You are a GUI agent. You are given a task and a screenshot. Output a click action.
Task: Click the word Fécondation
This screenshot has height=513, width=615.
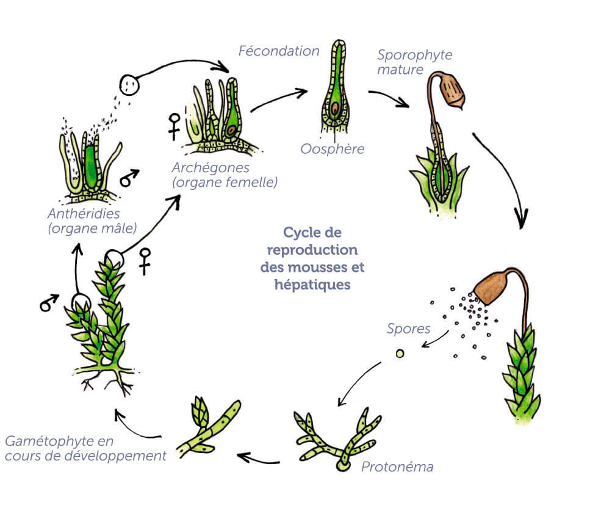[x=279, y=51]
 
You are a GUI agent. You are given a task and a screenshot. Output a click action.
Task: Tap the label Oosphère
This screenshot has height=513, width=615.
[x=333, y=148]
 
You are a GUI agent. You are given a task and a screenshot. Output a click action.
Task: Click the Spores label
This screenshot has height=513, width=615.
[x=409, y=329]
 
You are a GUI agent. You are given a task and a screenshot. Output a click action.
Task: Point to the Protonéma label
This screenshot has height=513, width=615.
[x=397, y=467]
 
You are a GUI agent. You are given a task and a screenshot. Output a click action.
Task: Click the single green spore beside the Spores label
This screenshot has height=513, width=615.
[x=400, y=354]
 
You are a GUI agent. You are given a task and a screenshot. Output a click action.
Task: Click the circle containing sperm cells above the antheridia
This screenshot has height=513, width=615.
[x=129, y=84]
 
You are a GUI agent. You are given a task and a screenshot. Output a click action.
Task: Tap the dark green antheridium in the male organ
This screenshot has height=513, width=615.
[x=92, y=165]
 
